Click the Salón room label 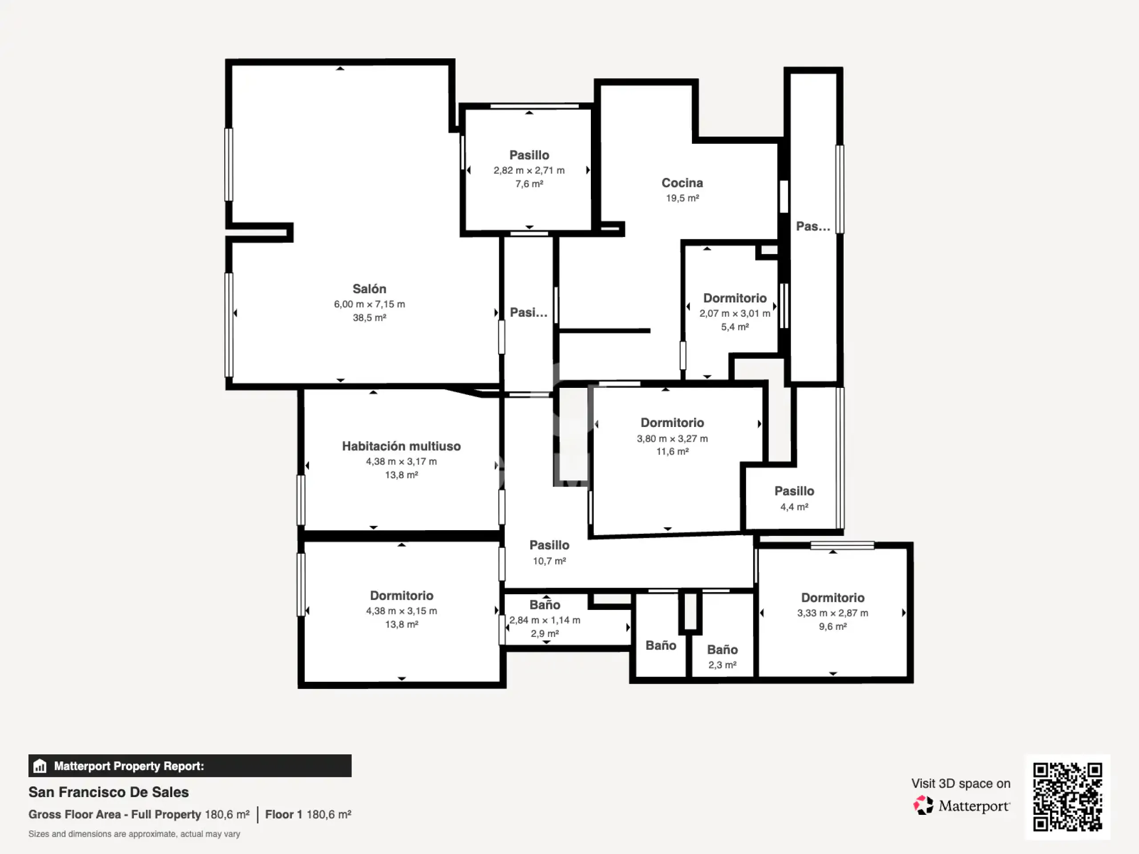coord(369,289)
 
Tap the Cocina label coord(682,183)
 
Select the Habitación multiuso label coord(401,446)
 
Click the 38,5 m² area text coord(369,318)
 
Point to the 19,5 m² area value coord(682,198)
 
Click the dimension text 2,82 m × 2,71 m coord(529,170)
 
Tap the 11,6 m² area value coord(672,451)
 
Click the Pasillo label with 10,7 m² coord(549,545)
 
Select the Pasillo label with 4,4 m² coord(794,491)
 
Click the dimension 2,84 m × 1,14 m coord(545,620)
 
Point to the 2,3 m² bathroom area coord(722,665)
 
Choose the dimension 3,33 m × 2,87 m coord(832,613)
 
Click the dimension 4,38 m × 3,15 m coord(401,611)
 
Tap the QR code coord(1067,797)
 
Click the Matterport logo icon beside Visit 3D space coord(923,805)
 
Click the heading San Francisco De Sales coord(109,792)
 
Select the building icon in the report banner coord(40,766)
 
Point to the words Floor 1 coord(283,814)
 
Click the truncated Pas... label coord(813,226)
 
